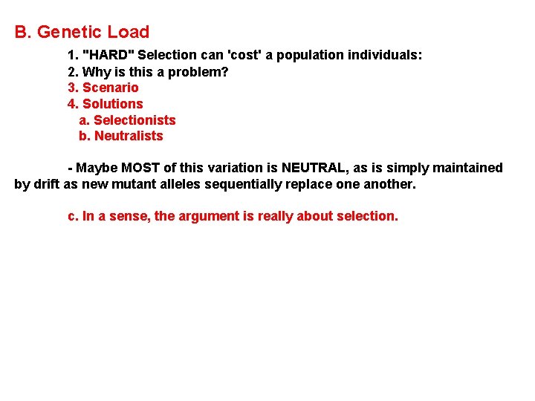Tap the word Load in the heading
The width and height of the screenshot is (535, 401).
tap(129, 32)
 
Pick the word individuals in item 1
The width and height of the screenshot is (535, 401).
tap(389, 55)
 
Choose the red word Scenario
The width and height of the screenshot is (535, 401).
tap(110, 88)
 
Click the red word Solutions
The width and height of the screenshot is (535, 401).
tap(112, 104)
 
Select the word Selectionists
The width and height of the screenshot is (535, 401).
tap(134, 120)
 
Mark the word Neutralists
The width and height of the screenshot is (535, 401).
tap(129, 136)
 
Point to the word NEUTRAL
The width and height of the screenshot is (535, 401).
tap(315, 168)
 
